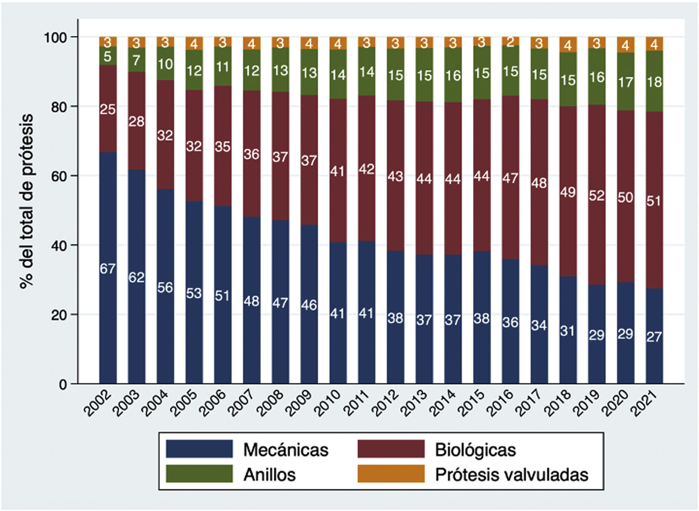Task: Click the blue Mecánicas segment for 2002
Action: point(108,322)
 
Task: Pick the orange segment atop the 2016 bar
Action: point(510,41)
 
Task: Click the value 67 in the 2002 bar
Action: point(108,269)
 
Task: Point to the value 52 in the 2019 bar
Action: point(596,196)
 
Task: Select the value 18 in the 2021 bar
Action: point(654,82)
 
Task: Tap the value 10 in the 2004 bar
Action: point(165,64)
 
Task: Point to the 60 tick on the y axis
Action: point(59,176)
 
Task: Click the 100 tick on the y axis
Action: point(55,37)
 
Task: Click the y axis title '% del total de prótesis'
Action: point(27,201)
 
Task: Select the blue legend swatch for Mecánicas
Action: point(199,449)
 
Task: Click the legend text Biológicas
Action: point(475,450)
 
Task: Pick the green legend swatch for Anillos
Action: point(199,474)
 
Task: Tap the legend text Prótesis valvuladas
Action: point(511,475)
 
